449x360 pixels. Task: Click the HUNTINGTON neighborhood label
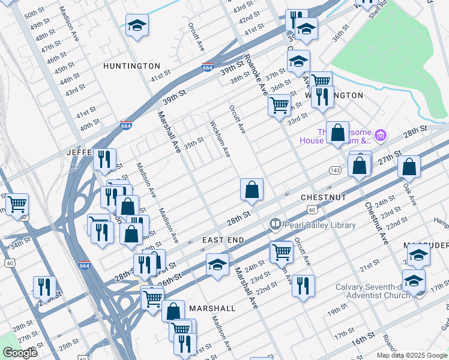[131, 65]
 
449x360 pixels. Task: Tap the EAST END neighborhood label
[223, 240]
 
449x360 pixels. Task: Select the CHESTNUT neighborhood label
[323, 197]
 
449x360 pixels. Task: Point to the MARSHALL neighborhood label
[212, 308]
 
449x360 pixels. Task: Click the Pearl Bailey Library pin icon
[276, 224]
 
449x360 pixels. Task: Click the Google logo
[20, 353]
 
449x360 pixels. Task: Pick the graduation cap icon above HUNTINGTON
[137, 25]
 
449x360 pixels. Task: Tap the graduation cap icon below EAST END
[217, 265]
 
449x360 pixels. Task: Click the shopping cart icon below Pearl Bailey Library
[281, 251]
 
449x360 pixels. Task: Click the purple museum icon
[380, 135]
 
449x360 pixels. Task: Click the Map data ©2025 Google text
[412, 355]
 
